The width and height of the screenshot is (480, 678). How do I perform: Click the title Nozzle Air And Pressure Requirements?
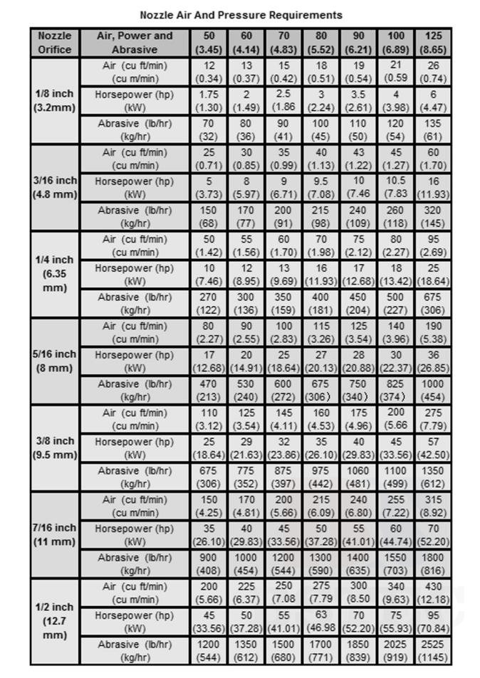[241, 14]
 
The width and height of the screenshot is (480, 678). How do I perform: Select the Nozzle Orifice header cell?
[55, 43]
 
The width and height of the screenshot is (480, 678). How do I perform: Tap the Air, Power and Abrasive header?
[135, 43]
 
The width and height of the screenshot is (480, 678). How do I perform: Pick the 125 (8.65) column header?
[433, 43]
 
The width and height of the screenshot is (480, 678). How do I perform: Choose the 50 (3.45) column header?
[209, 43]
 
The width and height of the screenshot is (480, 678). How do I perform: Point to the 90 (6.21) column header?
[358, 43]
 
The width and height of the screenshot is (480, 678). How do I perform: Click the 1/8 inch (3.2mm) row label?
[55, 101]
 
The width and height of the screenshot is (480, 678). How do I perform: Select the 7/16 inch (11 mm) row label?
[55, 535]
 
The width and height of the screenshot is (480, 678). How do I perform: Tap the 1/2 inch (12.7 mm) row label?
[55, 621]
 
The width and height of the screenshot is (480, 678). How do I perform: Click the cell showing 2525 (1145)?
[433, 650]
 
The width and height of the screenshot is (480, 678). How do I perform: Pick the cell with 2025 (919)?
[396, 650]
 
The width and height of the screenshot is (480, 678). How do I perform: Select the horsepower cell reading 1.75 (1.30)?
[209, 101]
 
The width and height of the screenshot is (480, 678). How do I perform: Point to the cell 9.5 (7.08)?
[320, 188]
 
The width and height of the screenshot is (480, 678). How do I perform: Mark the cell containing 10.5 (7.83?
[396, 188]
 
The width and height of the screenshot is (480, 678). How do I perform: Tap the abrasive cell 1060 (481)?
[358, 477]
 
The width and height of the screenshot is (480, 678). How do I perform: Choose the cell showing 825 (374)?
[396, 390]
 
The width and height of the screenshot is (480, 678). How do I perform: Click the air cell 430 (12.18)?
[433, 593]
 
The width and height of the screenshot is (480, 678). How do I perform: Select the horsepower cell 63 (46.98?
[320, 621]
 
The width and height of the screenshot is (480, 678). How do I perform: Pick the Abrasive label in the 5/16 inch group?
[135, 390]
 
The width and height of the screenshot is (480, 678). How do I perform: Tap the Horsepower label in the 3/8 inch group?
[135, 448]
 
